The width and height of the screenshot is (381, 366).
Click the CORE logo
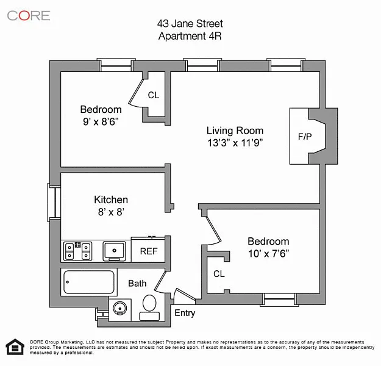tap(29, 16)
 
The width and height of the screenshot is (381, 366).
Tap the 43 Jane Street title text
tap(190, 24)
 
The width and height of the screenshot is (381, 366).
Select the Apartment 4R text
tap(190, 36)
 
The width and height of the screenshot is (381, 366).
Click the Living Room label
tap(235, 131)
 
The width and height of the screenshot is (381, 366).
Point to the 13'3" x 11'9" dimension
tap(235, 143)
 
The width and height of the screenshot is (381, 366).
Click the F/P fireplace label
tap(305, 137)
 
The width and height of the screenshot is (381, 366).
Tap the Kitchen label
tap(111, 199)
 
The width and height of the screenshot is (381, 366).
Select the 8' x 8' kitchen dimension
tap(111, 212)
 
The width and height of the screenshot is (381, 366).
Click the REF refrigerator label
tap(149, 251)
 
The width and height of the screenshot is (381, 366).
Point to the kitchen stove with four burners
tap(78, 251)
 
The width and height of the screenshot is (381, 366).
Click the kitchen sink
tap(114, 251)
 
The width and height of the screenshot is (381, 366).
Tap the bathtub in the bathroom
tap(89, 282)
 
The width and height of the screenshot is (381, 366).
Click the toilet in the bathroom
tap(149, 307)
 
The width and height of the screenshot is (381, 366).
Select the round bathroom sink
tap(120, 309)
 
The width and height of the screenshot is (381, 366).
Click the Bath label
tap(137, 283)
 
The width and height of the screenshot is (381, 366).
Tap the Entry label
tap(185, 313)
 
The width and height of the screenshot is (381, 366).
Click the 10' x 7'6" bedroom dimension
tap(268, 254)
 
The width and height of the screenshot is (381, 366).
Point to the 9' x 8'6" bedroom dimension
tap(101, 121)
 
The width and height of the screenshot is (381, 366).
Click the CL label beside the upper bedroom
tap(154, 95)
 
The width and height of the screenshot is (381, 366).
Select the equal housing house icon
tap(15, 347)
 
